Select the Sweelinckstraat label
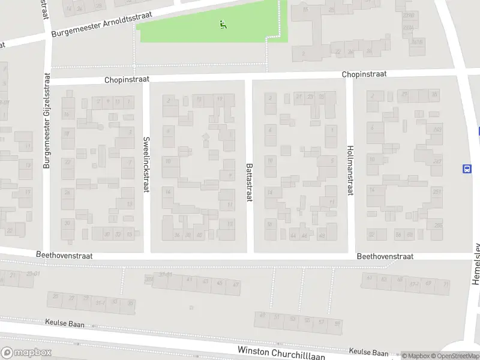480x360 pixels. [146, 164]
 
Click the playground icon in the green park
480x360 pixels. [223, 25]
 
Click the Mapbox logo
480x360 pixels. [26, 353]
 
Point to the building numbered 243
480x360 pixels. [437, 130]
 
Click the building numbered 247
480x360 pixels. [437, 161]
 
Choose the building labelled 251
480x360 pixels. [437, 192]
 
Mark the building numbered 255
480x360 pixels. [438, 226]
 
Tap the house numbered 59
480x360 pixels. [337, 324]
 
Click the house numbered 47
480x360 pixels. [236, 284]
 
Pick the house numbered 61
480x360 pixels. [369, 278]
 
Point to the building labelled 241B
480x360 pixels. [418, 42]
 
